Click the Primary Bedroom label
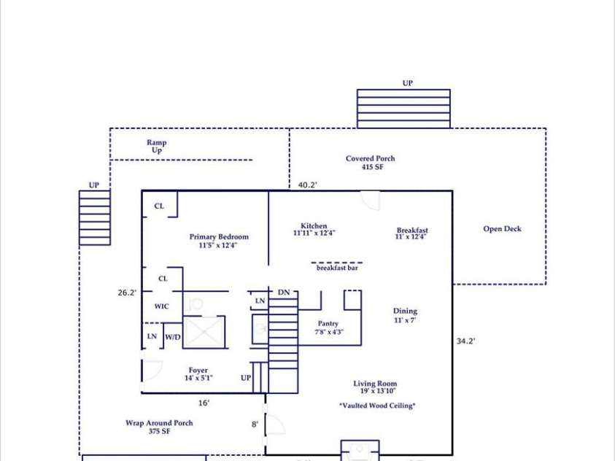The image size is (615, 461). (219, 241)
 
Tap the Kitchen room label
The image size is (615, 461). (314, 229)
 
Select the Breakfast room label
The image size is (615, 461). (412, 233)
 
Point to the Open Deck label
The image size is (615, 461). (502, 229)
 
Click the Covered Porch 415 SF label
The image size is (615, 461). (371, 162)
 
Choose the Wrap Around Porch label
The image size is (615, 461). (159, 427)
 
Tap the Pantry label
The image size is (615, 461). (328, 328)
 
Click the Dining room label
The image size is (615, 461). (405, 315)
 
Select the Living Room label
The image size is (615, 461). (376, 387)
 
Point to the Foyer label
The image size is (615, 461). (198, 374)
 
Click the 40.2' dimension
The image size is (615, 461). (308, 185)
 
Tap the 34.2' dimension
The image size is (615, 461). (465, 341)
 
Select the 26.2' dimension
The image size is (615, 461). (127, 293)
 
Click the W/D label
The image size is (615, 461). (173, 337)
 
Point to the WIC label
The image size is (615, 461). (162, 306)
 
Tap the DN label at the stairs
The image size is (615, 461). (284, 293)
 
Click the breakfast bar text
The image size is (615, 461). (337, 268)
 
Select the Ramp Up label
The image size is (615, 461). (157, 146)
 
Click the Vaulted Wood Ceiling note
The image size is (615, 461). (377, 406)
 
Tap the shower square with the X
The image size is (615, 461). (204, 332)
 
